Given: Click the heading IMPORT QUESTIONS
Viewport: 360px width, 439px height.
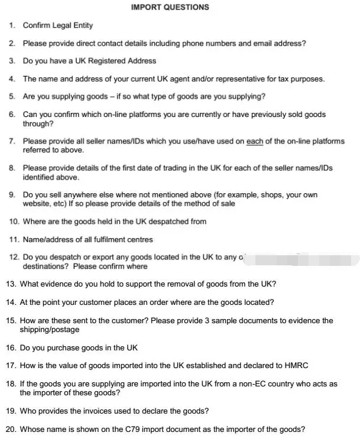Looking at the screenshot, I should [x=170, y=8].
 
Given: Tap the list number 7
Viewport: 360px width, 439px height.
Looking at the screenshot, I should [x=12, y=141].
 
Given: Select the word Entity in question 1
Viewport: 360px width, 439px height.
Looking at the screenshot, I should [x=81, y=25].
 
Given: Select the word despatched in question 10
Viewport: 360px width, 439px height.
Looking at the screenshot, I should [x=157, y=222].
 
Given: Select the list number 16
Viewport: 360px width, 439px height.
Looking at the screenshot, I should [x=11, y=348].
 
